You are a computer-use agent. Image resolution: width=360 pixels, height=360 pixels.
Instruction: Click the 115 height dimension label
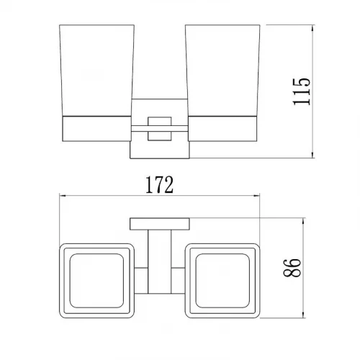pos(302,91)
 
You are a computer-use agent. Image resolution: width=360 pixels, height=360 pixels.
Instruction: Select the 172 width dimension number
pos(159,185)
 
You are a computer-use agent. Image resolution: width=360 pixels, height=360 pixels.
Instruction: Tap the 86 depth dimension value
pos(292,268)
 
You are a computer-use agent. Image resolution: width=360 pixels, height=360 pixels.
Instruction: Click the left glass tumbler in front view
pos(96,71)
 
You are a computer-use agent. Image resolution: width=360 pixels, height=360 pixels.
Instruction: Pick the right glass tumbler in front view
pos(222,71)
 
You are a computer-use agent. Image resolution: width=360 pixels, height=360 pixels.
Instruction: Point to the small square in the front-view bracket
pos(160,129)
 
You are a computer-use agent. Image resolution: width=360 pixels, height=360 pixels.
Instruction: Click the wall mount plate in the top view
pos(160,224)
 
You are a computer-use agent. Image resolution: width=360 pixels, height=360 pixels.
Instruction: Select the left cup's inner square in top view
pos(96,281)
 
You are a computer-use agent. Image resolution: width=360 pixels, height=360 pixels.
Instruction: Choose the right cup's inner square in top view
pos(222,281)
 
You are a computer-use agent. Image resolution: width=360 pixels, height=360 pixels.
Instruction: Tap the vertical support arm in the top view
pos(160,262)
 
